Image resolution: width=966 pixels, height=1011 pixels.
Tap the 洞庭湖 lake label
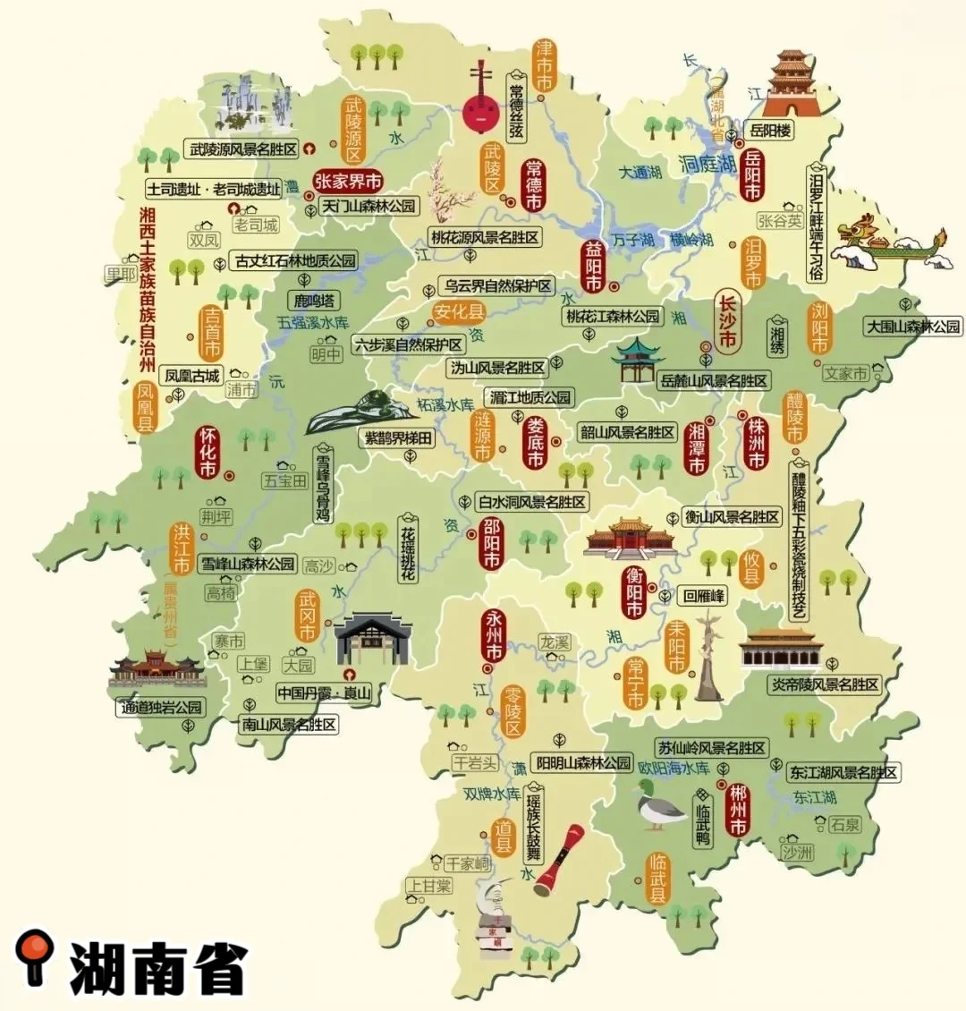[x=708, y=164]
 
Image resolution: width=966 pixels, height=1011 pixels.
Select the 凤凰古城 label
[x=192, y=376]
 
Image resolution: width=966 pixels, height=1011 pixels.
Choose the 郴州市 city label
[x=738, y=808]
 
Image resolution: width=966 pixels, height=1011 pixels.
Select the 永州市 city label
[x=494, y=634]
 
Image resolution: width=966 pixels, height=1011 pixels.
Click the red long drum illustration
[x=559, y=859]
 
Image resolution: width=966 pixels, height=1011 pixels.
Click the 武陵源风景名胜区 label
[x=242, y=149]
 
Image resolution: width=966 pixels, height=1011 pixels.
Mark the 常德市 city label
[x=534, y=184]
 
